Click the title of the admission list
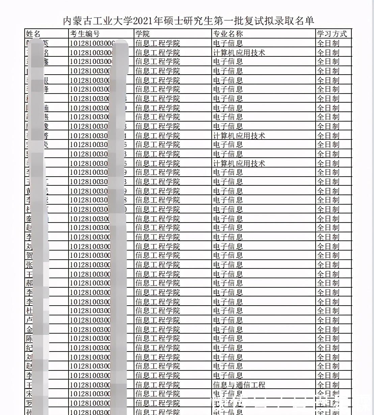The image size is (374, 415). [x=188, y=21]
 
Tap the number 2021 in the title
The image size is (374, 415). [x=143, y=21]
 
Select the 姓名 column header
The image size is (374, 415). [x=33, y=34]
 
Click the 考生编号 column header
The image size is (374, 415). [x=85, y=34]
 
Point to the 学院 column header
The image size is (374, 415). [x=142, y=34]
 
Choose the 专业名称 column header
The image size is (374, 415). [x=228, y=34]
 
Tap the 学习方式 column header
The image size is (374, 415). [x=332, y=34]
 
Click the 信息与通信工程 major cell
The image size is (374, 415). [x=239, y=385]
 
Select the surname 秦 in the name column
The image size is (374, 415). [x=29, y=218]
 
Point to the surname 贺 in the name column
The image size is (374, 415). [x=29, y=255]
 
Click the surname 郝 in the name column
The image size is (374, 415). [x=29, y=283]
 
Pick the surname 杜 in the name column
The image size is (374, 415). [x=29, y=311]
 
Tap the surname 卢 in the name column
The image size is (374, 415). [x=29, y=320]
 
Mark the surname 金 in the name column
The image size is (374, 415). [x=29, y=329]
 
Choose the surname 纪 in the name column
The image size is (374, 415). [x=29, y=348]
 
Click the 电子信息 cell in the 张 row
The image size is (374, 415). [x=228, y=265]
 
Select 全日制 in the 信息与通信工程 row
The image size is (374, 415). [x=328, y=385]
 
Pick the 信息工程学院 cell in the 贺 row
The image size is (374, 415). [x=158, y=255]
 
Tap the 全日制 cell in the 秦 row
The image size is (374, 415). [x=328, y=218]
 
